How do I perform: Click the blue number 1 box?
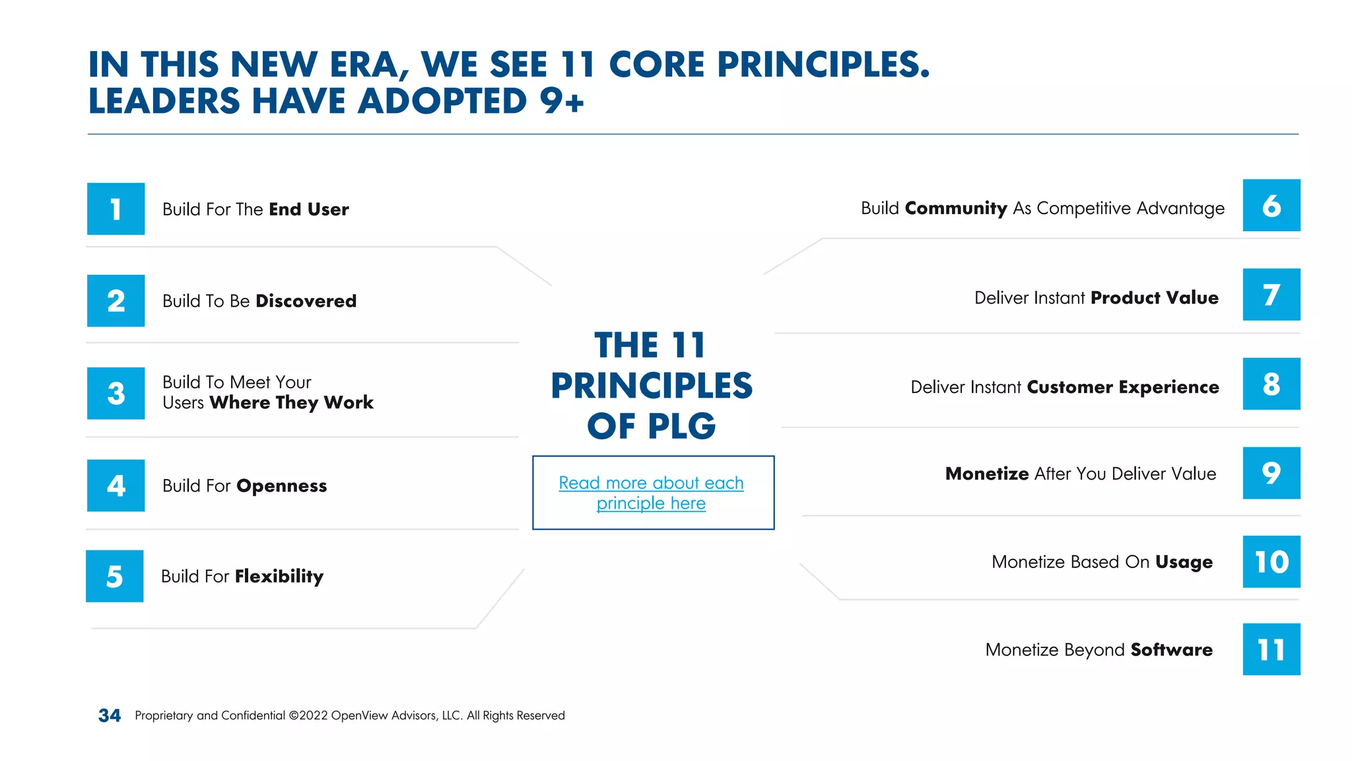tap(116, 209)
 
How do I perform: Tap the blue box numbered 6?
tap(1271, 205)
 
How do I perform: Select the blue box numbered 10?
tap(1271, 562)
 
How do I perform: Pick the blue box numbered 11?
tap(1271, 649)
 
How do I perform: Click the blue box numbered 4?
tap(116, 486)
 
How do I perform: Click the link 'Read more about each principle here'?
tap(651, 493)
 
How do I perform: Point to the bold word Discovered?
tap(306, 301)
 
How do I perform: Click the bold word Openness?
tap(281, 486)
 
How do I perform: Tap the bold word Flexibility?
tap(279, 577)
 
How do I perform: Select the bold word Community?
tap(955, 209)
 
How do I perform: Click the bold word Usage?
tap(1184, 562)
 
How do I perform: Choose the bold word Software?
tap(1171, 650)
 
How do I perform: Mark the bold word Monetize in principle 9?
tap(986, 474)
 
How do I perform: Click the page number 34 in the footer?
tap(110, 715)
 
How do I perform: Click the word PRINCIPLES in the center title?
tap(652, 386)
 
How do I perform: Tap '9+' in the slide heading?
tap(562, 101)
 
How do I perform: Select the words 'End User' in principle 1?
tap(308, 209)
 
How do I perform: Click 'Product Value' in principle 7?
tap(1154, 298)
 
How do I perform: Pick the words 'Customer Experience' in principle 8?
tap(1122, 387)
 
